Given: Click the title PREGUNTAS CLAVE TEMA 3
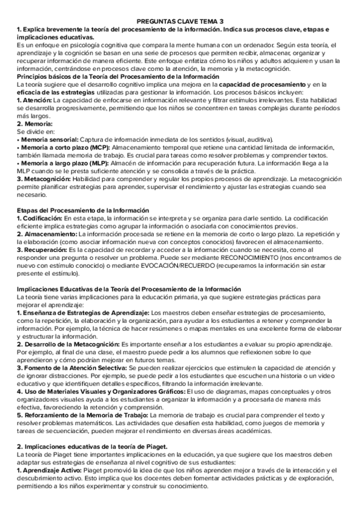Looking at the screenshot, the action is [x=180, y=20].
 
